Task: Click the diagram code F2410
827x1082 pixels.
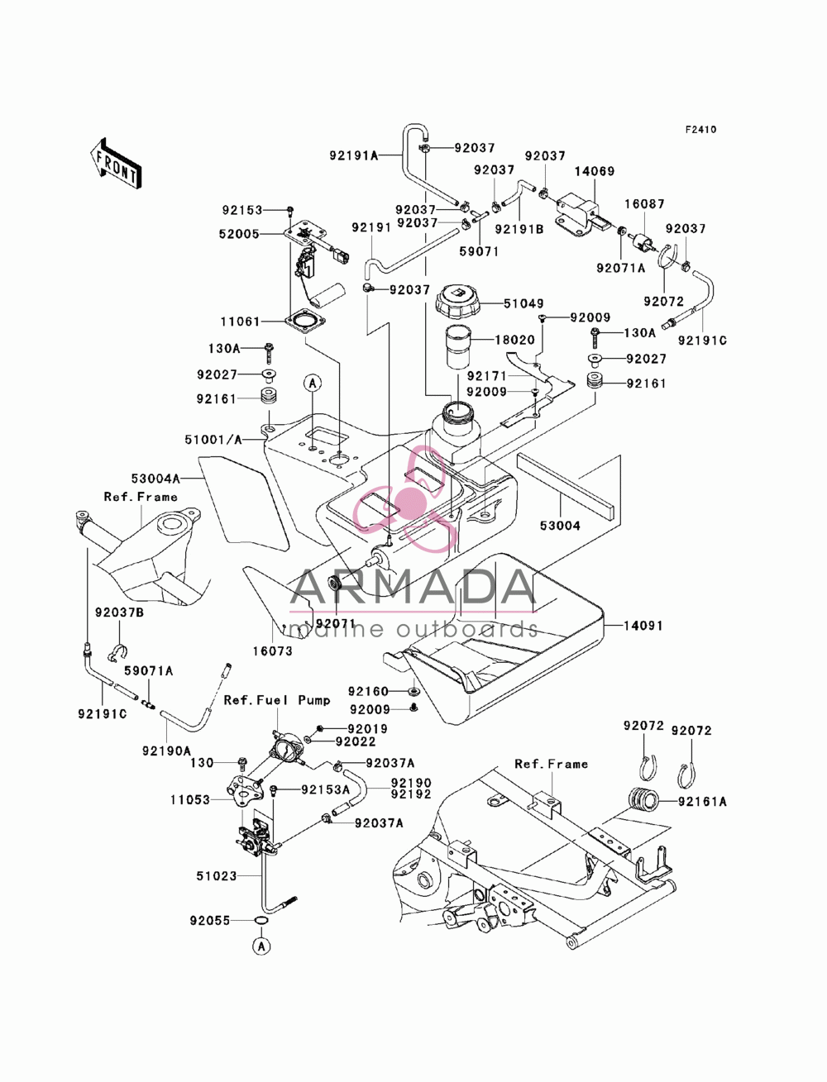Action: coord(700,130)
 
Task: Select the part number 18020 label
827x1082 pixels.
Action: coord(515,340)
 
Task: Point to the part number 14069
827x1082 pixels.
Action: coord(595,171)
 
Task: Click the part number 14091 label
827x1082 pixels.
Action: coord(643,626)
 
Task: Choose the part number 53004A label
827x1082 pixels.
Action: coord(155,478)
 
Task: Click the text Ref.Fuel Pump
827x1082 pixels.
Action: coord(277,700)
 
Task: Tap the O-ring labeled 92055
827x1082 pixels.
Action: coord(262,920)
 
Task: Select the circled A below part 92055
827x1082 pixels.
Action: coord(262,946)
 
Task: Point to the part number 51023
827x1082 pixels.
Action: coord(217,875)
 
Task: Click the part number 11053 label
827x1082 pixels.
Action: coord(190,799)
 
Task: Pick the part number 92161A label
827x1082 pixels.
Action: coord(702,802)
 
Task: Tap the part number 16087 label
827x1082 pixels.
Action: coord(645,203)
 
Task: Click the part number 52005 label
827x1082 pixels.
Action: coord(239,234)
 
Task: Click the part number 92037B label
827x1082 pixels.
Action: coord(119,612)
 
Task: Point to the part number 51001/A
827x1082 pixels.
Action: coord(213,439)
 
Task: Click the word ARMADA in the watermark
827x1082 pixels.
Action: coord(413,587)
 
